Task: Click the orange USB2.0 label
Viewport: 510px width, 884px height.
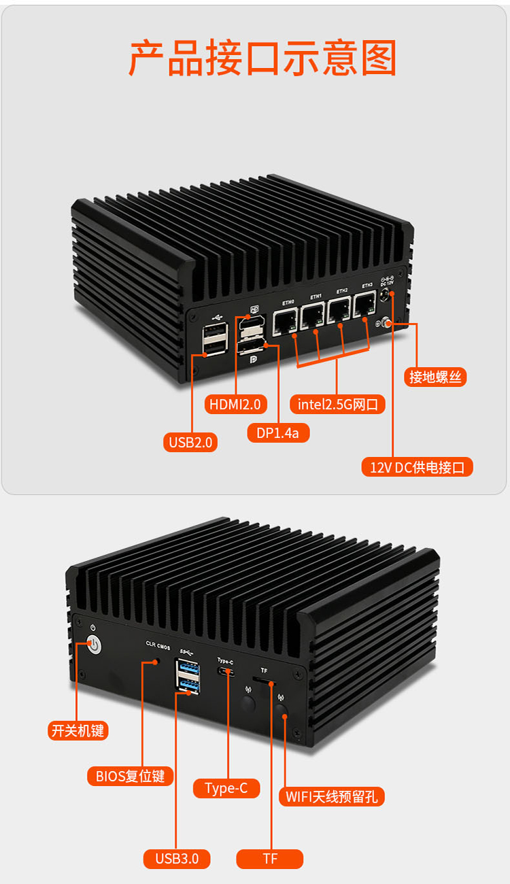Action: click(190, 442)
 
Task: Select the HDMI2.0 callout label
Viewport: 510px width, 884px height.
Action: click(235, 404)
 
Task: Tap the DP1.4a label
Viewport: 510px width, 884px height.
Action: click(278, 432)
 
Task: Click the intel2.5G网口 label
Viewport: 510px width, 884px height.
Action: click(338, 405)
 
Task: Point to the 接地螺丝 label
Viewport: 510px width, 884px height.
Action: click(437, 377)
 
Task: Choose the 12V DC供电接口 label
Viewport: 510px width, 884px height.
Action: click(417, 467)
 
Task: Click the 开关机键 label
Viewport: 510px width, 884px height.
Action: click(78, 731)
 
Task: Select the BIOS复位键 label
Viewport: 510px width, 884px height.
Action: click(130, 776)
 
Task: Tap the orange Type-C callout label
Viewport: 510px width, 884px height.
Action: click(226, 788)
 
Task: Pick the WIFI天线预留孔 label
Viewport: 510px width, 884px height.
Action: click(332, 796)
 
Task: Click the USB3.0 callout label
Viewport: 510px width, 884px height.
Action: click(177, 859)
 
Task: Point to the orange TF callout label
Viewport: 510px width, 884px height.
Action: click(270, 859)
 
